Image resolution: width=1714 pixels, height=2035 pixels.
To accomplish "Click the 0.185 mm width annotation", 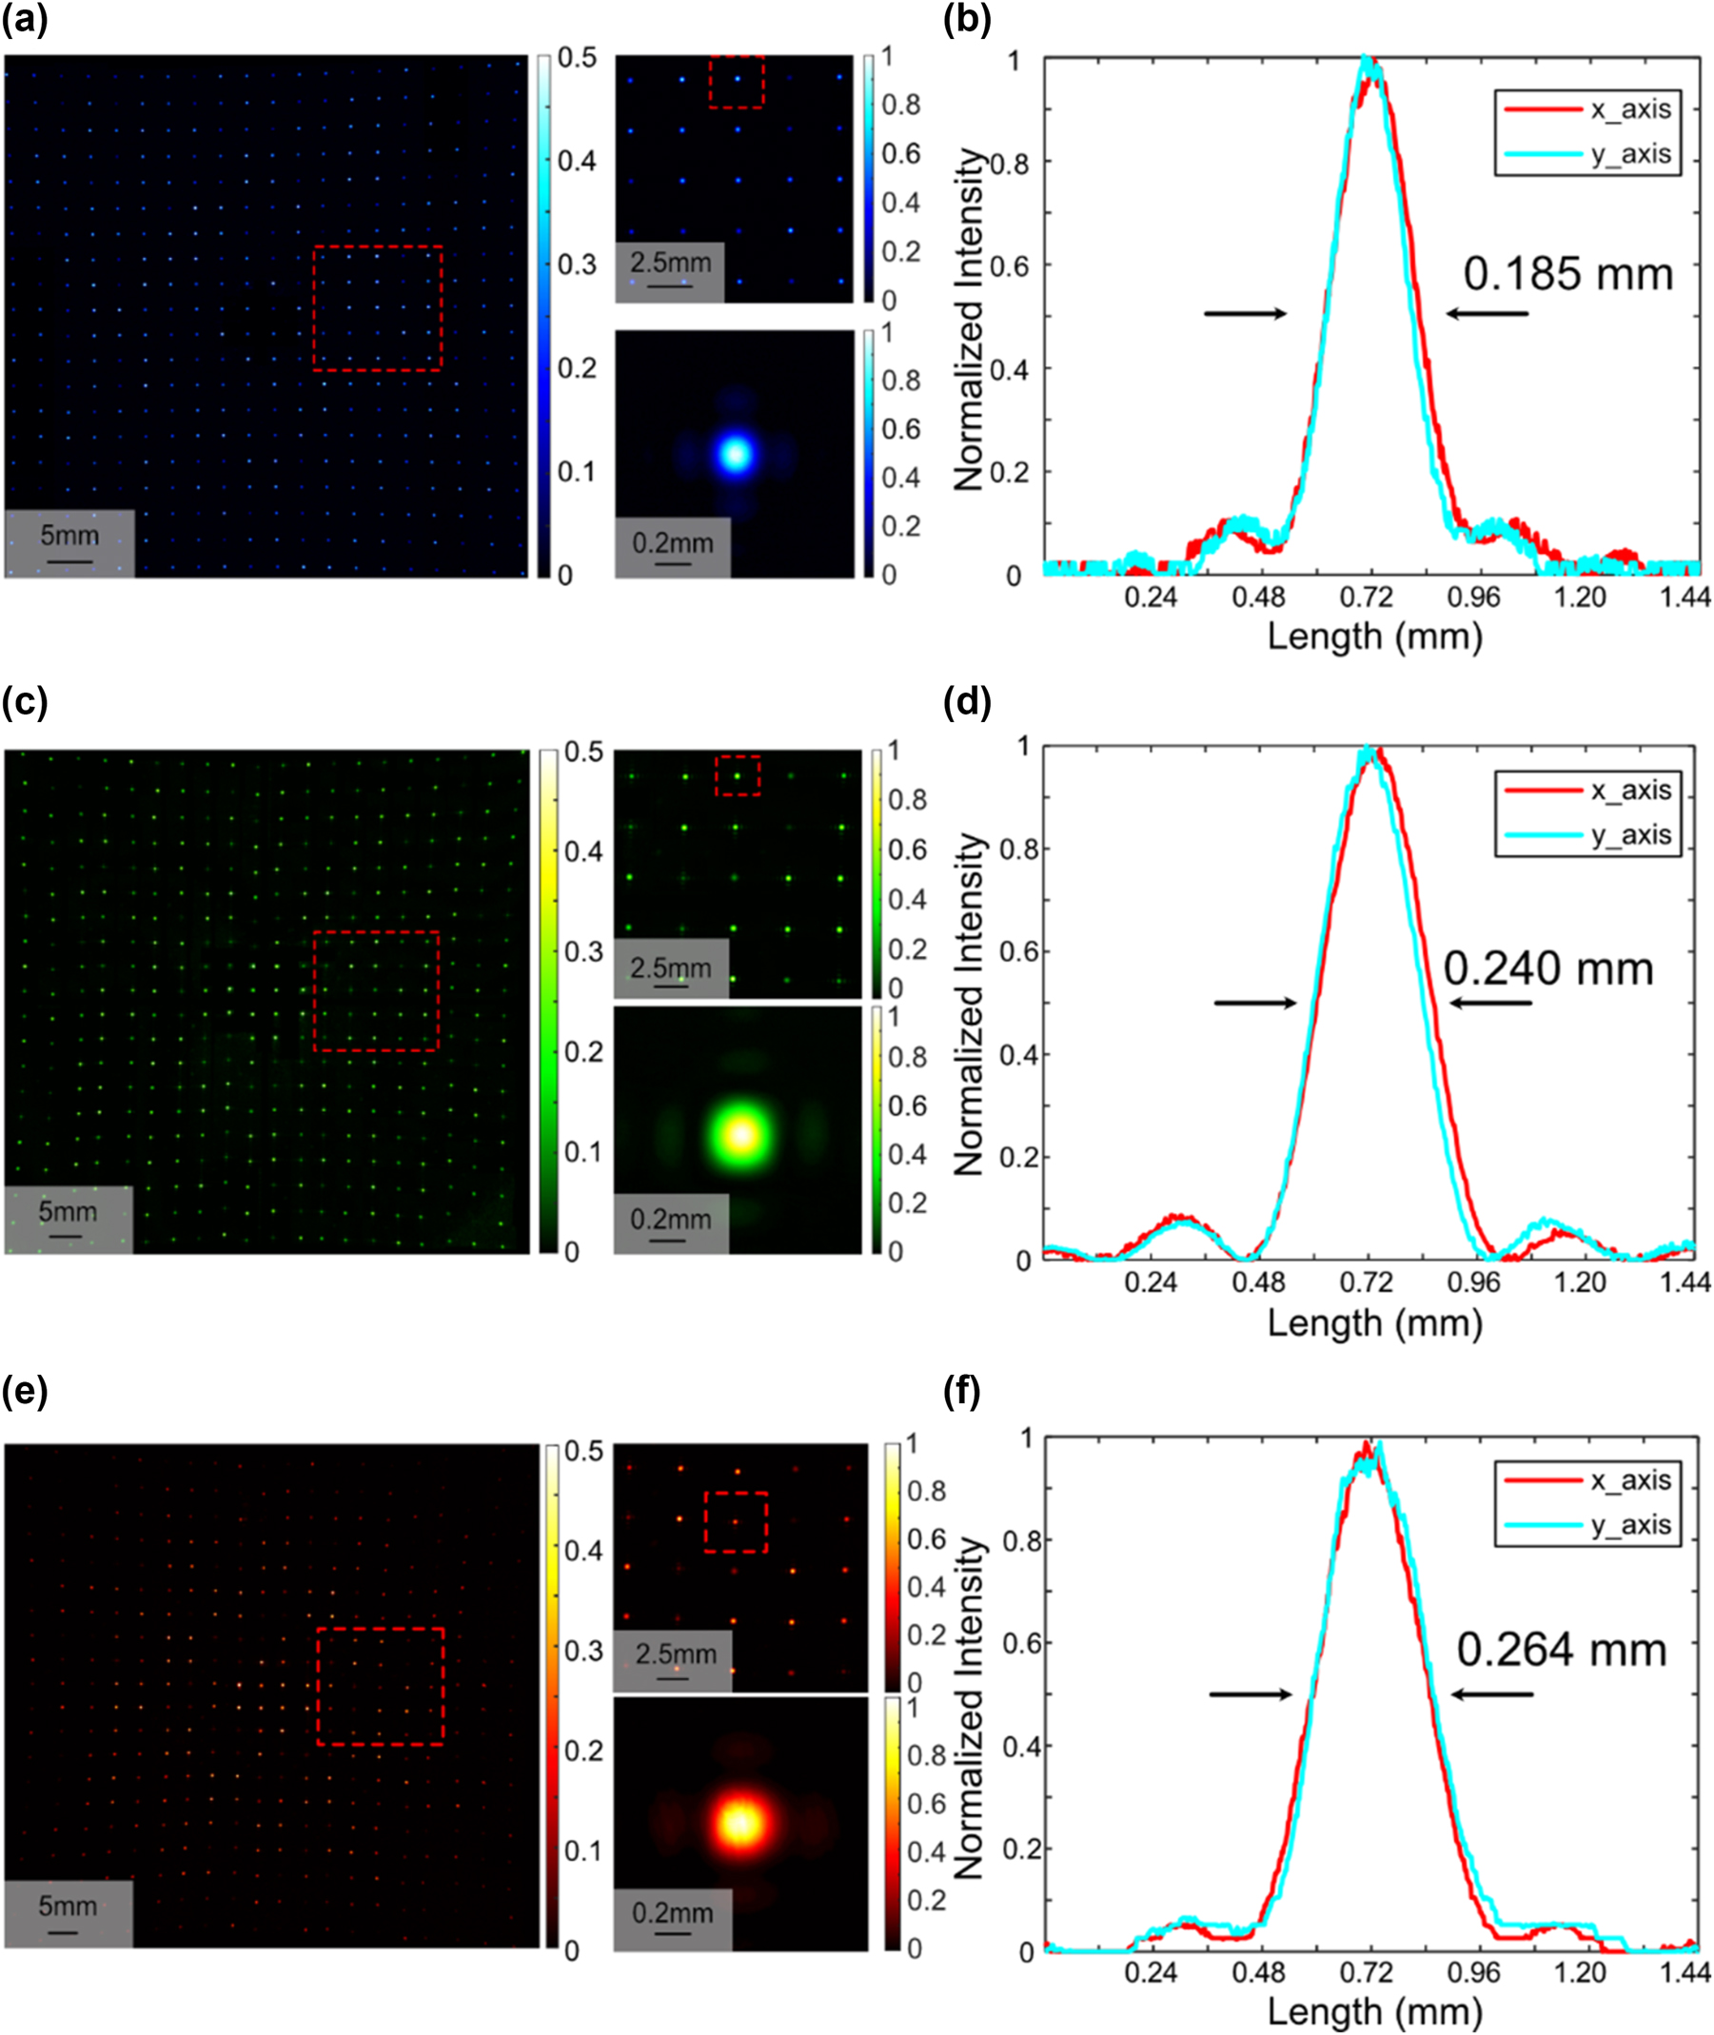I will (1567, 274).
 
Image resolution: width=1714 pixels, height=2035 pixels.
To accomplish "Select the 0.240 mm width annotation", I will (1547, 969).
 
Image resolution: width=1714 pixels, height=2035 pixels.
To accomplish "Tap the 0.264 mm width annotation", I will (1562, 1650).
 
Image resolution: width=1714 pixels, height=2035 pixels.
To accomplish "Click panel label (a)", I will (25, 19).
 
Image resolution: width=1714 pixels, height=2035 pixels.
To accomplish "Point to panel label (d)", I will (967, 701).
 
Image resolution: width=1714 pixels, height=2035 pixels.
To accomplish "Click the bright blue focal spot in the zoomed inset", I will (736, 454).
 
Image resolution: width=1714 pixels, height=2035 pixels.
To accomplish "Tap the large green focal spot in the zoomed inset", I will (741, 1135).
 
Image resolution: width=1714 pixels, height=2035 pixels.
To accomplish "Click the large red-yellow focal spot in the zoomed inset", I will (740, 1823).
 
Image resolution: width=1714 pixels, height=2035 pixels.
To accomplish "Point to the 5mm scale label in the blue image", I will (69, 536).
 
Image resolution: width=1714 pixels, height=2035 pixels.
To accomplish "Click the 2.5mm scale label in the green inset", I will (670, 968).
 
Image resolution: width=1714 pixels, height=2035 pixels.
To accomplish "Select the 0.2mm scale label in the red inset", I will (673, 1912).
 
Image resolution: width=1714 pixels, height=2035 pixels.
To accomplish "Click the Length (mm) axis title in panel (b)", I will (1374, 636).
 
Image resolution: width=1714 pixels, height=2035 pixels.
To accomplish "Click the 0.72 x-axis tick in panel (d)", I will (1366, 1282).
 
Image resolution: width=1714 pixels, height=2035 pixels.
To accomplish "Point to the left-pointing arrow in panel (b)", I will (1486, 314).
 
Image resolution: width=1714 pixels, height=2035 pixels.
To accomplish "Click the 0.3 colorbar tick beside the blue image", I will (576, 264).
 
